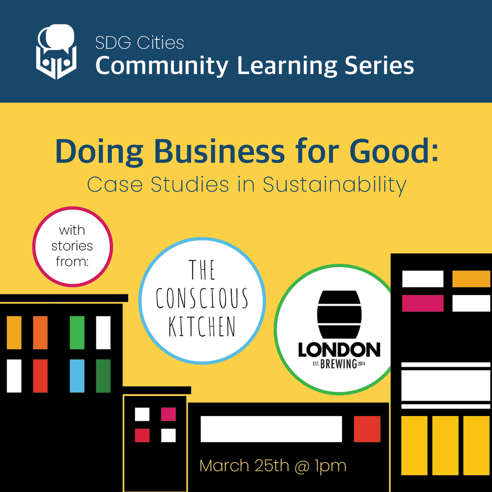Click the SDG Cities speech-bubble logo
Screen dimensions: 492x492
pyautogui.click(x=57, y=52)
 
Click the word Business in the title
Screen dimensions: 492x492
pyautogui.click(x=219, y=151)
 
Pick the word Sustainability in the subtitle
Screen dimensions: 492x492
pyautogui.click(x=334, y=185)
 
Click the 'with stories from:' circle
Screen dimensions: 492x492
pyautogui.click(x=73, y=246)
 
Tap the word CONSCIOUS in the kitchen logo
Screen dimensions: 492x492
pyautogui.click(x=202, y=298)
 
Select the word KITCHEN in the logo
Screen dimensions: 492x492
pyautogui.click(x=202, y=327)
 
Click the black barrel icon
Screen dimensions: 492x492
pyautogui.click(x=339, y=314)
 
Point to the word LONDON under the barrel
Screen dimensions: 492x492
pyautogui.click(x=339, y=350)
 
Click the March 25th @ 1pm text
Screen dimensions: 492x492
pyautogui.click(x=273, y=466)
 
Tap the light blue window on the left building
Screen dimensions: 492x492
pyautogui.click(x=77, y=376)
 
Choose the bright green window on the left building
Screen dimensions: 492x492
pyautogui.click(x=77, y=333)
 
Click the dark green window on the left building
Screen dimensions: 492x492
pyautogui.click(x=103, y=376)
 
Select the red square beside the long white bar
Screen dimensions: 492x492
pyautogui.click(x=367, y=429)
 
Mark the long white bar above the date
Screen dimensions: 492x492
pyautogui.click(x=271, y=429)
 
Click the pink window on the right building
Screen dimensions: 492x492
pyautogui.click(x=423, y=303)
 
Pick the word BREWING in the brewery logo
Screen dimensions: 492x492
pyautogui.click(x=338, y=364)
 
